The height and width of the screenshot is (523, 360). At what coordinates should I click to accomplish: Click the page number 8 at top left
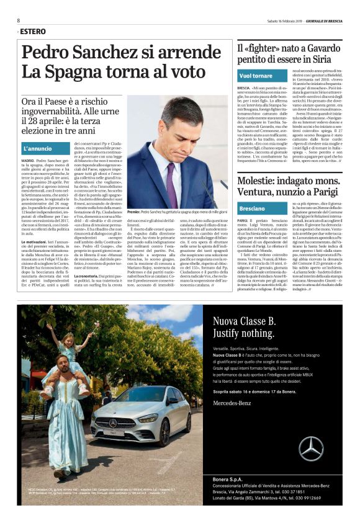pos(19,20)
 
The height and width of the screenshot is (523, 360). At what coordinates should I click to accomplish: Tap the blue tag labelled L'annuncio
pos(38,149)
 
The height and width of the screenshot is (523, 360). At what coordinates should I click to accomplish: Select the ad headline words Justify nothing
pos(245,336)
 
